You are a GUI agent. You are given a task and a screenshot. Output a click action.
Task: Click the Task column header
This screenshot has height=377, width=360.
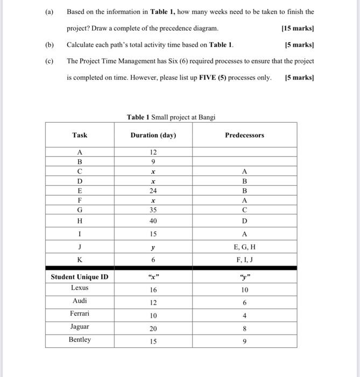pyautogui.click(x=80, y=135)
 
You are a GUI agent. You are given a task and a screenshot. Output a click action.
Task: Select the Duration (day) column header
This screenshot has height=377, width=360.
pyautogui.click(x=153, y=135)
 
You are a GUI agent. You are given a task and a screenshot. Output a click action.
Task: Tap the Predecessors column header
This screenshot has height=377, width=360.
pyautogui.click(x=244, y=135)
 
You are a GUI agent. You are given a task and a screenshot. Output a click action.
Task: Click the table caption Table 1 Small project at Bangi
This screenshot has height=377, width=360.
pyautogui.click(x=171, y=117)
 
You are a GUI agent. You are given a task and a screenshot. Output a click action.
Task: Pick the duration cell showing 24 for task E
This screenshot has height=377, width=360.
pyautogui.click(x=153, y=191)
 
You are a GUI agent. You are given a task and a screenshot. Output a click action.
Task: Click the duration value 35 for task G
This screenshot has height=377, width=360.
pyautogui.click(x=153, y=210)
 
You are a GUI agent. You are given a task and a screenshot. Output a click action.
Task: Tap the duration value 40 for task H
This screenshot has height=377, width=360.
pyautogui.click(x=153, y=221)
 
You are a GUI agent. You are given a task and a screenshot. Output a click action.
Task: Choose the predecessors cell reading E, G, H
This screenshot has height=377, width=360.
pyautogui.click(x=244, y=247)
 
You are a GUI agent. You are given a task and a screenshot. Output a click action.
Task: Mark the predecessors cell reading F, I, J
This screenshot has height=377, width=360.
pyautogui.click(x=244, y=260)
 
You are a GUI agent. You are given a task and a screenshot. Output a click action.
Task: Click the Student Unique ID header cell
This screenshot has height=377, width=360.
pyautogui.click(x=80, y=277)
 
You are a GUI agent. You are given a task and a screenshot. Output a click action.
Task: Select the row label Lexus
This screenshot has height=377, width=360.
pyautogui.click(x=80, y=288)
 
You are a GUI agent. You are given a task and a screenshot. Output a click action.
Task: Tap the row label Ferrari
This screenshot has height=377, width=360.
pyautogui.click(x=80, y=313)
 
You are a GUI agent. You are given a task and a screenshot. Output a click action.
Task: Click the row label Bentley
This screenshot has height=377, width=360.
pyautogui.click(x=80, y=340)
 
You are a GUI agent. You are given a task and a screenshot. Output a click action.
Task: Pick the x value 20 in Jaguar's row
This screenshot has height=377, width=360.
pyautogui.click(x=153, y=329)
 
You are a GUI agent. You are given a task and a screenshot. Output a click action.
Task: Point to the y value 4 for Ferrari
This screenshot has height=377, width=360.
pyautogui.click(x=244, y=316)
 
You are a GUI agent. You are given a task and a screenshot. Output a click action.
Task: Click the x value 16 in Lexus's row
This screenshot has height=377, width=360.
pyautogui.click(x=153, y=290)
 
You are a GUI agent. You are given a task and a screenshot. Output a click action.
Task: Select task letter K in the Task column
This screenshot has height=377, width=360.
pyautogui.click(x=80, y=260)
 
